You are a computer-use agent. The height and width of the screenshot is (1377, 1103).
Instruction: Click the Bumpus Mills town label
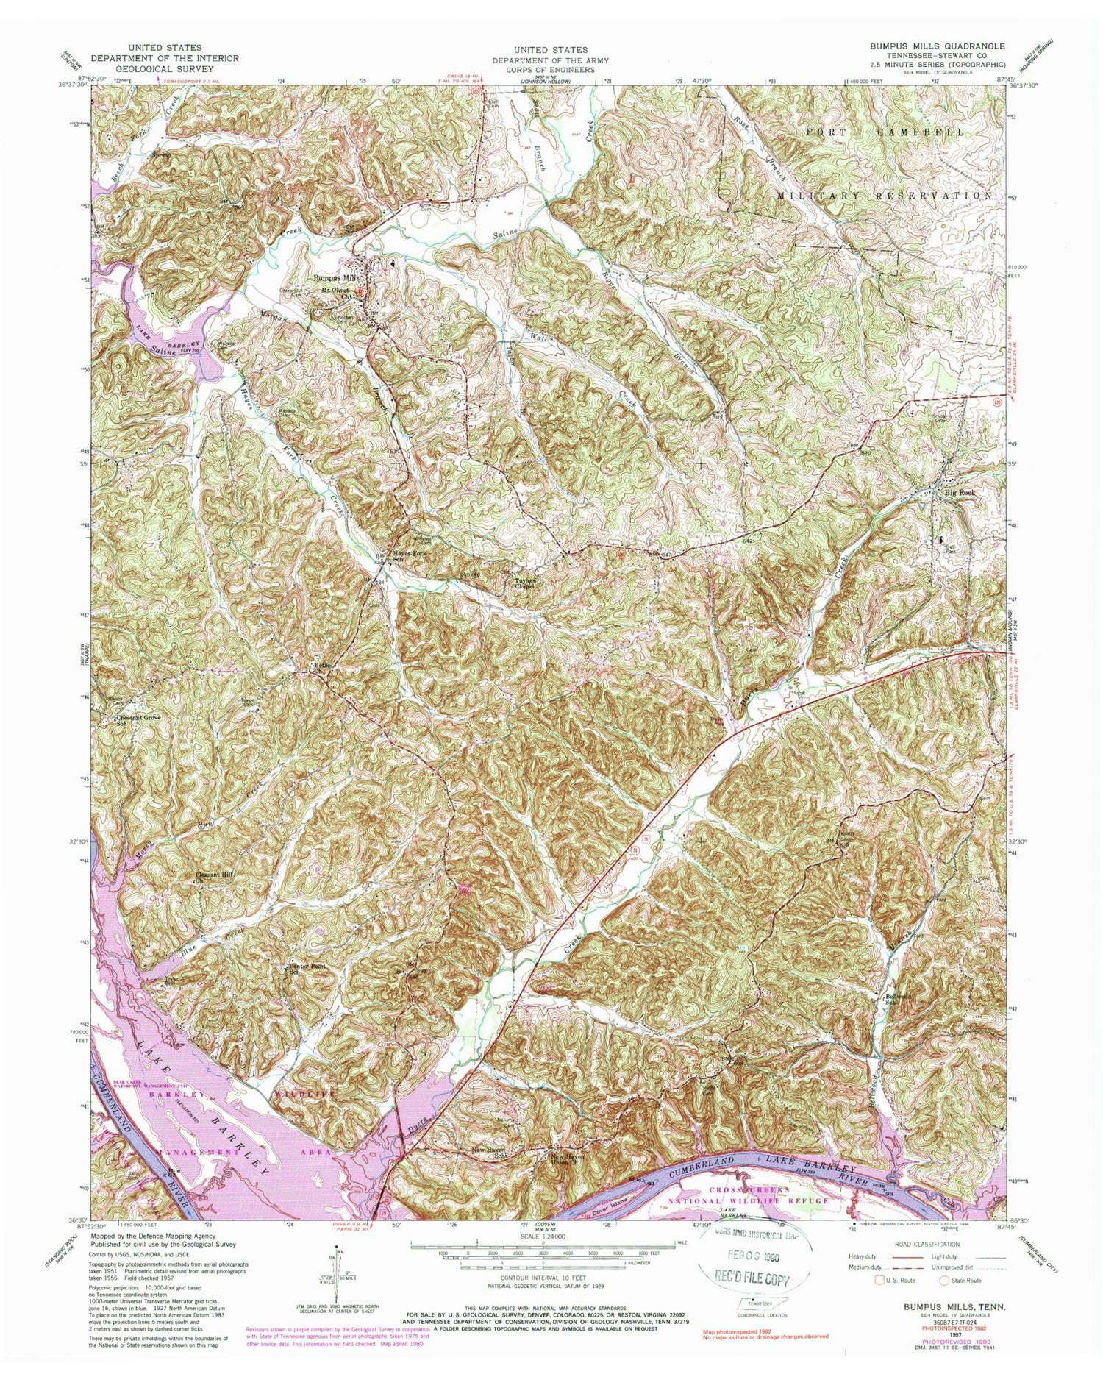pos(335,279)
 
